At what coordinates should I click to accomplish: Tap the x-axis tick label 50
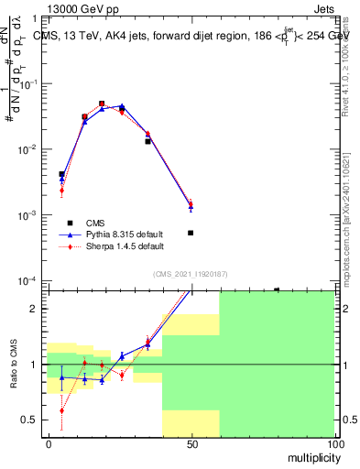[x=192, y=444]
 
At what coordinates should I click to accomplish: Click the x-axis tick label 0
[x=49, y=444]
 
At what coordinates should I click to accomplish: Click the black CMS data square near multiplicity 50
[x=191, y=233]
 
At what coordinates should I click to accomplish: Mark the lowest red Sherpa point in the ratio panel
[x=61, y=411]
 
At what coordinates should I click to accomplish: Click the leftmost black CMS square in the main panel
[x=61, y=174]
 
